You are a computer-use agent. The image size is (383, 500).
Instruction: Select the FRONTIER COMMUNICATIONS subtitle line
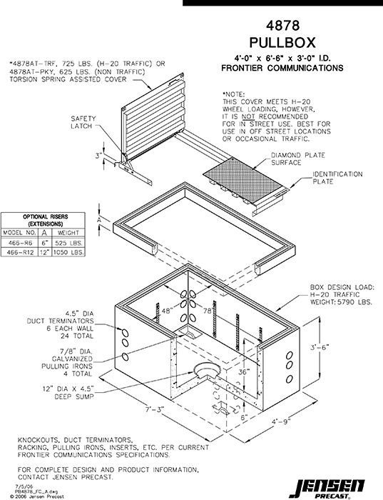pyautogui.click(x=282, y=69)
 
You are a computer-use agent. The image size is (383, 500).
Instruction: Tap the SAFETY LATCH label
pyautogui.click(x=83, y=123)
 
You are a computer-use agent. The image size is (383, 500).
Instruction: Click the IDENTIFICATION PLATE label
pyautogui.click(x=337, y=178)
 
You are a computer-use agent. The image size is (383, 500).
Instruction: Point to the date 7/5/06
pyautogui.click(x=13, y=484)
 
